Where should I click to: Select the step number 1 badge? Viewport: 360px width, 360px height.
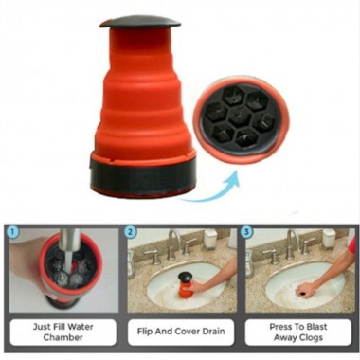[x=12, y=230]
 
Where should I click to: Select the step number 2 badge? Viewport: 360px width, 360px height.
[x=131, y=230]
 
